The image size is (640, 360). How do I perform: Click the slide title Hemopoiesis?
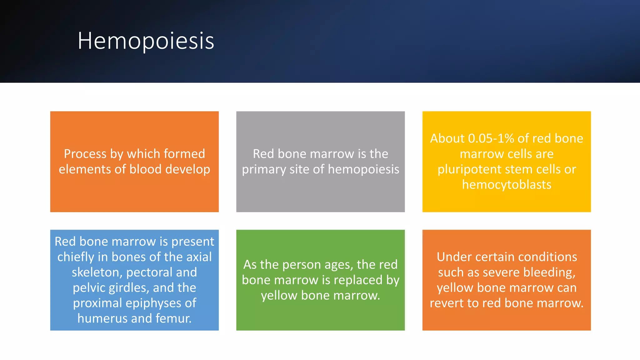click(146, 41)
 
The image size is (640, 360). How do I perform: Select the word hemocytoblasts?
click(507, 185)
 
